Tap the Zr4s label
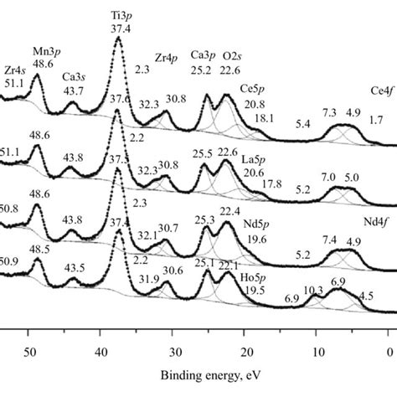13,70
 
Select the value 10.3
313,291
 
